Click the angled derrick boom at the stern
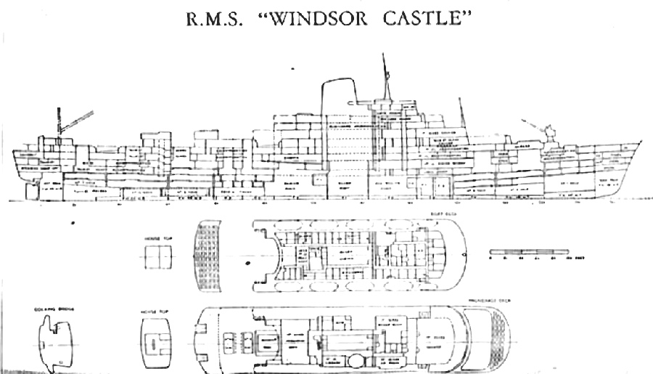pos(78,121)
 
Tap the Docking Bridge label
pos(49,309)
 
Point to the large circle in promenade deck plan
pos(357,361)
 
